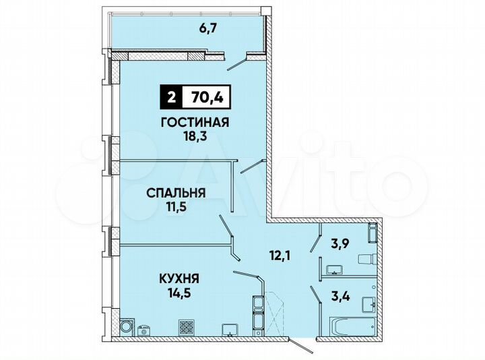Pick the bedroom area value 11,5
coord(176,208)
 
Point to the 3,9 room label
coord(343,243)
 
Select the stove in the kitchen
coord(186,328)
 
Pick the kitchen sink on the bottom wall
coord(230,329)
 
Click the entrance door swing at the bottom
coord(303,345)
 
